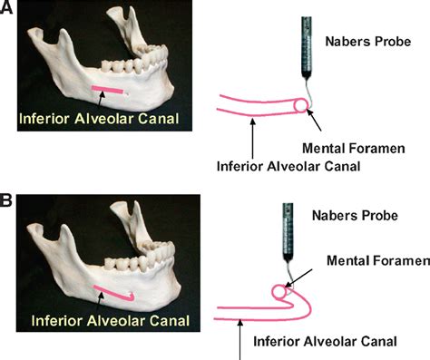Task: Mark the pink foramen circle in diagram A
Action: (300, 106)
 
